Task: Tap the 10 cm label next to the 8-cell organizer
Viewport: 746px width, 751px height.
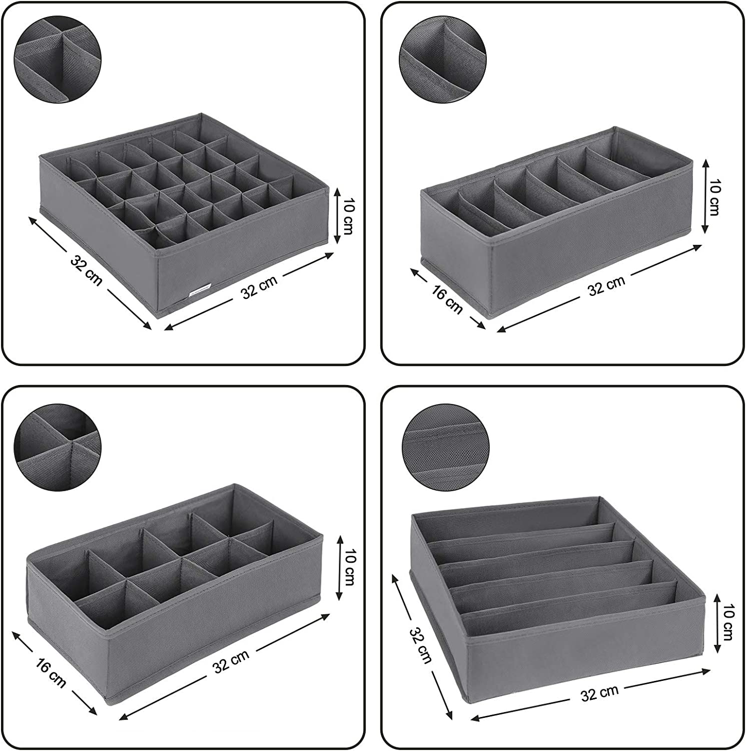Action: pyautogui.click(x=348, y=567)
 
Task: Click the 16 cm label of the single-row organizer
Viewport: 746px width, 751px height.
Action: pyautogui.click(x=447, y=299)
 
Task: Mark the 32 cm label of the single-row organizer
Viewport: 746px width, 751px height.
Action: pyautogui.click(x=606, y=285)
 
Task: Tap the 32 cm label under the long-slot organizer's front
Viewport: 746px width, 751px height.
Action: pyautogui.click(x=599, y=693)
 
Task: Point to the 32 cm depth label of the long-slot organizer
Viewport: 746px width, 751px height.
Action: pyautogui.click(x=421, y=645)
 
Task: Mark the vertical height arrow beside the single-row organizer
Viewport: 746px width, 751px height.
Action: pyautogui.click(x=705, y=196)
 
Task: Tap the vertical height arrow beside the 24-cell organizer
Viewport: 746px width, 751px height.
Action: pyautogui.click(x=337, y=216)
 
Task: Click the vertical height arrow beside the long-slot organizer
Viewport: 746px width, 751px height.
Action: pyautogui.click(x=718, y=623)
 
